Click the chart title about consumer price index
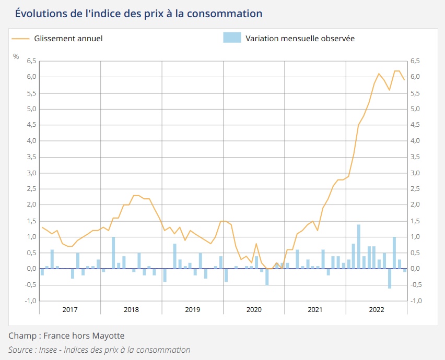pyautogui.click(x=138, y=13)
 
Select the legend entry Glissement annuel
pyautogui.click(x=68, y=38)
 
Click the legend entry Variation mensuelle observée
pyautogui.click(x=300, y=38)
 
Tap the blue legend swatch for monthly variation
pyautogui.click(x=232, y=38)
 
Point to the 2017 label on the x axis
pyautogui.click(x=70, y=309)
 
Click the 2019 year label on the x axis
pyautogui.click(x=193, y=309)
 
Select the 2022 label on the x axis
pyautogui.click(x=377, y=309)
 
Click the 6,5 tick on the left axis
pyautogui.click(x=31, y=61)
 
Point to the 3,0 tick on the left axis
pyautogui.click(x=31, y=173)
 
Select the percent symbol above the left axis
pyautogui.click(x=16, y=56)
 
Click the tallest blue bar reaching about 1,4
pyautogui.click(x=359, y=246)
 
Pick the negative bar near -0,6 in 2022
pyautogui.click(x=390, y=278)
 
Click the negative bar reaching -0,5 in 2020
pyautogui.click(x=267, y=277)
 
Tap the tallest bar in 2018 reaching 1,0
pyautogui.click(x=113, y=253)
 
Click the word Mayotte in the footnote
pyautogui.click(x=108, y=335)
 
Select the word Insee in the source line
pyautogui.click(x=48, y=350)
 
